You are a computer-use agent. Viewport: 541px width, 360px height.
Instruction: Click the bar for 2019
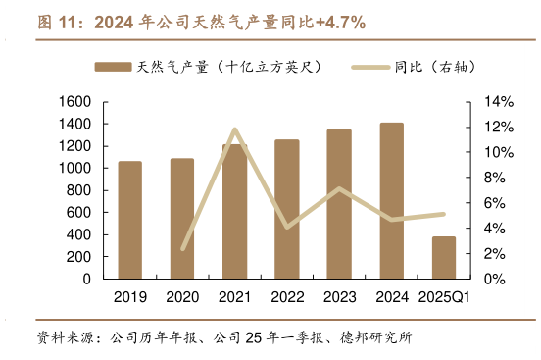[129, 220]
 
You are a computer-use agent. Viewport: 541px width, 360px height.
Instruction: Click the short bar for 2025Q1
[444, 257]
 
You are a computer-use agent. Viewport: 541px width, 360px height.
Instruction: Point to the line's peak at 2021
[234, 129]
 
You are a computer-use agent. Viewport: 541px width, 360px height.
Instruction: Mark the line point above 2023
[339, 188]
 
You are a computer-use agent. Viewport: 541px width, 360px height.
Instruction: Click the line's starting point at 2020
[182, 249]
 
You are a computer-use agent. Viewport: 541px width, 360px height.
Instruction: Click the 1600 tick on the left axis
[74, 102]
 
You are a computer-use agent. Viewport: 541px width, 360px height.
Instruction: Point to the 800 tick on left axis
[80, 190]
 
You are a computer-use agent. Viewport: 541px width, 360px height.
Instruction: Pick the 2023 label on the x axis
[339, 297]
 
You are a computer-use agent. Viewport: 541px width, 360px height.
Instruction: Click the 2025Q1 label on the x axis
[444, 297]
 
